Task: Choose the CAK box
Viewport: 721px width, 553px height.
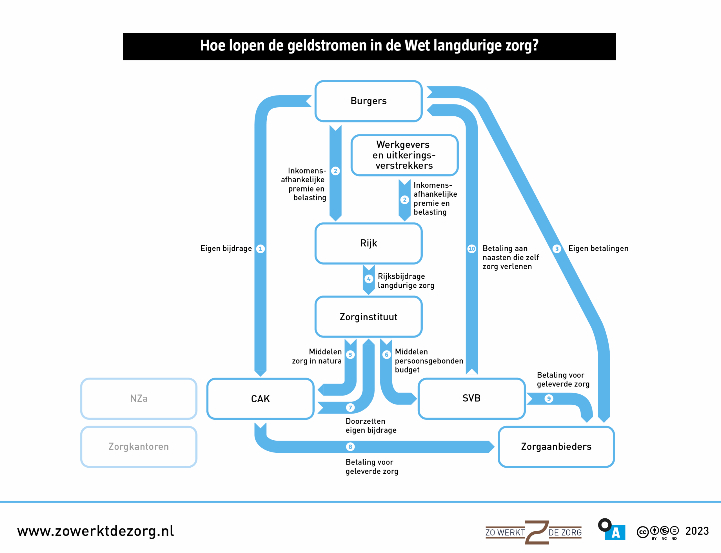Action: tap(260, 399)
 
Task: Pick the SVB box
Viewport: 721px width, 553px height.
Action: tap(471, 398)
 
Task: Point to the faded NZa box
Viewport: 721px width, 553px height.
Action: tap(139, 399)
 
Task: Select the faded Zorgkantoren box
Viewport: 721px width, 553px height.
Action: tap(139, 447)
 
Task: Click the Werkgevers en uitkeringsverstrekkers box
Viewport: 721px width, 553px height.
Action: tap(404, 155)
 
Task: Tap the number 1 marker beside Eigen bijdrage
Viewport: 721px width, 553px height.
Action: tap(260, 248)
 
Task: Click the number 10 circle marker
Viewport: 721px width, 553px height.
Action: tap(471, 248)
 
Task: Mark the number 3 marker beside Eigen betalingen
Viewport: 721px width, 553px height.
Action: tap(557, 248)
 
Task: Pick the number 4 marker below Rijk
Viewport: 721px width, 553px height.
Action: tap(369, 279)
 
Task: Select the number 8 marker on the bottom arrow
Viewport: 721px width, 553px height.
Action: tap(350, 447)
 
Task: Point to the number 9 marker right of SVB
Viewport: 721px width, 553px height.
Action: tap(549, 399)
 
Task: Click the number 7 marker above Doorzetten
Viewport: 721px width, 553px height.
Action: tap(350, 408)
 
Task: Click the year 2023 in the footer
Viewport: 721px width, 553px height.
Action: tap(697, 531)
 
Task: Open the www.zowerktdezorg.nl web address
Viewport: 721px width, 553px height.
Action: tap(95, 531)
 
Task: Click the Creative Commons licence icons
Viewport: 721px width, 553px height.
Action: tap(657, 532)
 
